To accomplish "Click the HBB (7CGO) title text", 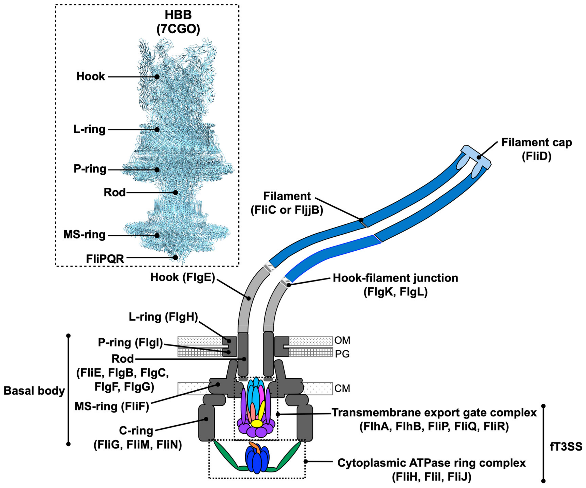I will pyautogui.click(x=178, y=22).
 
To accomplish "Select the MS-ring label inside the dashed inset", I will pyautogui.click(x=85, y=235).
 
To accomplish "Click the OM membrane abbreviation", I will pyautogui.click(x=342, y=340).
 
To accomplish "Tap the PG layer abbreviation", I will pyautogui.click(x=342, y=354).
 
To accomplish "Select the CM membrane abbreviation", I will pyautogui.click(x=342, y=388).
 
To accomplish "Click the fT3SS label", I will pyautogui.click(x=566, y=447).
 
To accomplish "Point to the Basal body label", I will pyautogui.click(x=34, y=391).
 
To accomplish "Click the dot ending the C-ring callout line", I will pyautogui.click(x=206, y=419).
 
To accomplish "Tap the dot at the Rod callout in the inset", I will pyautogui.click(x=175, y=192).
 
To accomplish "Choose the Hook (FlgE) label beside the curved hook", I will pyautogui.click(x=183, y=277).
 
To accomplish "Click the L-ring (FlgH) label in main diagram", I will pyautogui.click(x=163, y=317).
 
